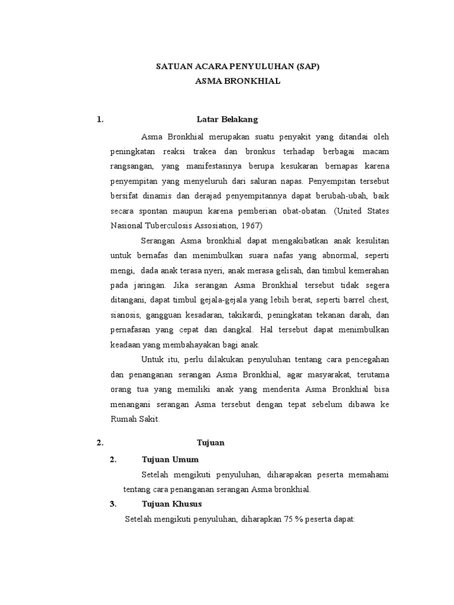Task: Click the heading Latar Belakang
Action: pyautogui.click(x=227, y=120)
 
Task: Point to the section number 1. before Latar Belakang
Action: pyautogui.click(x=100, y=120)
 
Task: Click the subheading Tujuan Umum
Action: pyautogui.click(x=171, y=459)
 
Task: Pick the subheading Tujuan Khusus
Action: pyautogui.click(x=172, y=504)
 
